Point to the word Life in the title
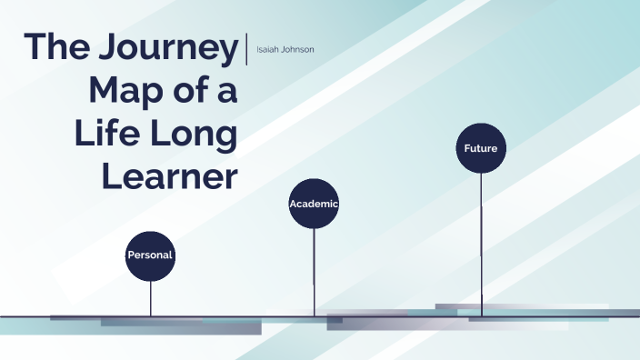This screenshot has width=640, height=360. (x=104, y=134)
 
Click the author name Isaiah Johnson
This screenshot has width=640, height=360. (x=285, y=49)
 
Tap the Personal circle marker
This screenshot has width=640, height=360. (x=150, y=255)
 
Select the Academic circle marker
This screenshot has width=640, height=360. (x=314, y=204)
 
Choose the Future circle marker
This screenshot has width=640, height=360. (x=481, y=147)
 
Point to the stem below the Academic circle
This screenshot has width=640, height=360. (x=314, y=273)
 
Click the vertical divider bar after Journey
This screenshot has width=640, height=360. (x=246, y=48)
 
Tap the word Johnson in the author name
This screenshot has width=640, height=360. (x=296, y=49)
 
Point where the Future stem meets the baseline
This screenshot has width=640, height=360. (x=481, y=315)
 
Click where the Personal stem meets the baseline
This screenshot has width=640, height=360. (x=151, y=315)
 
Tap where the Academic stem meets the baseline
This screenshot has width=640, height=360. (x=314, y=315)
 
